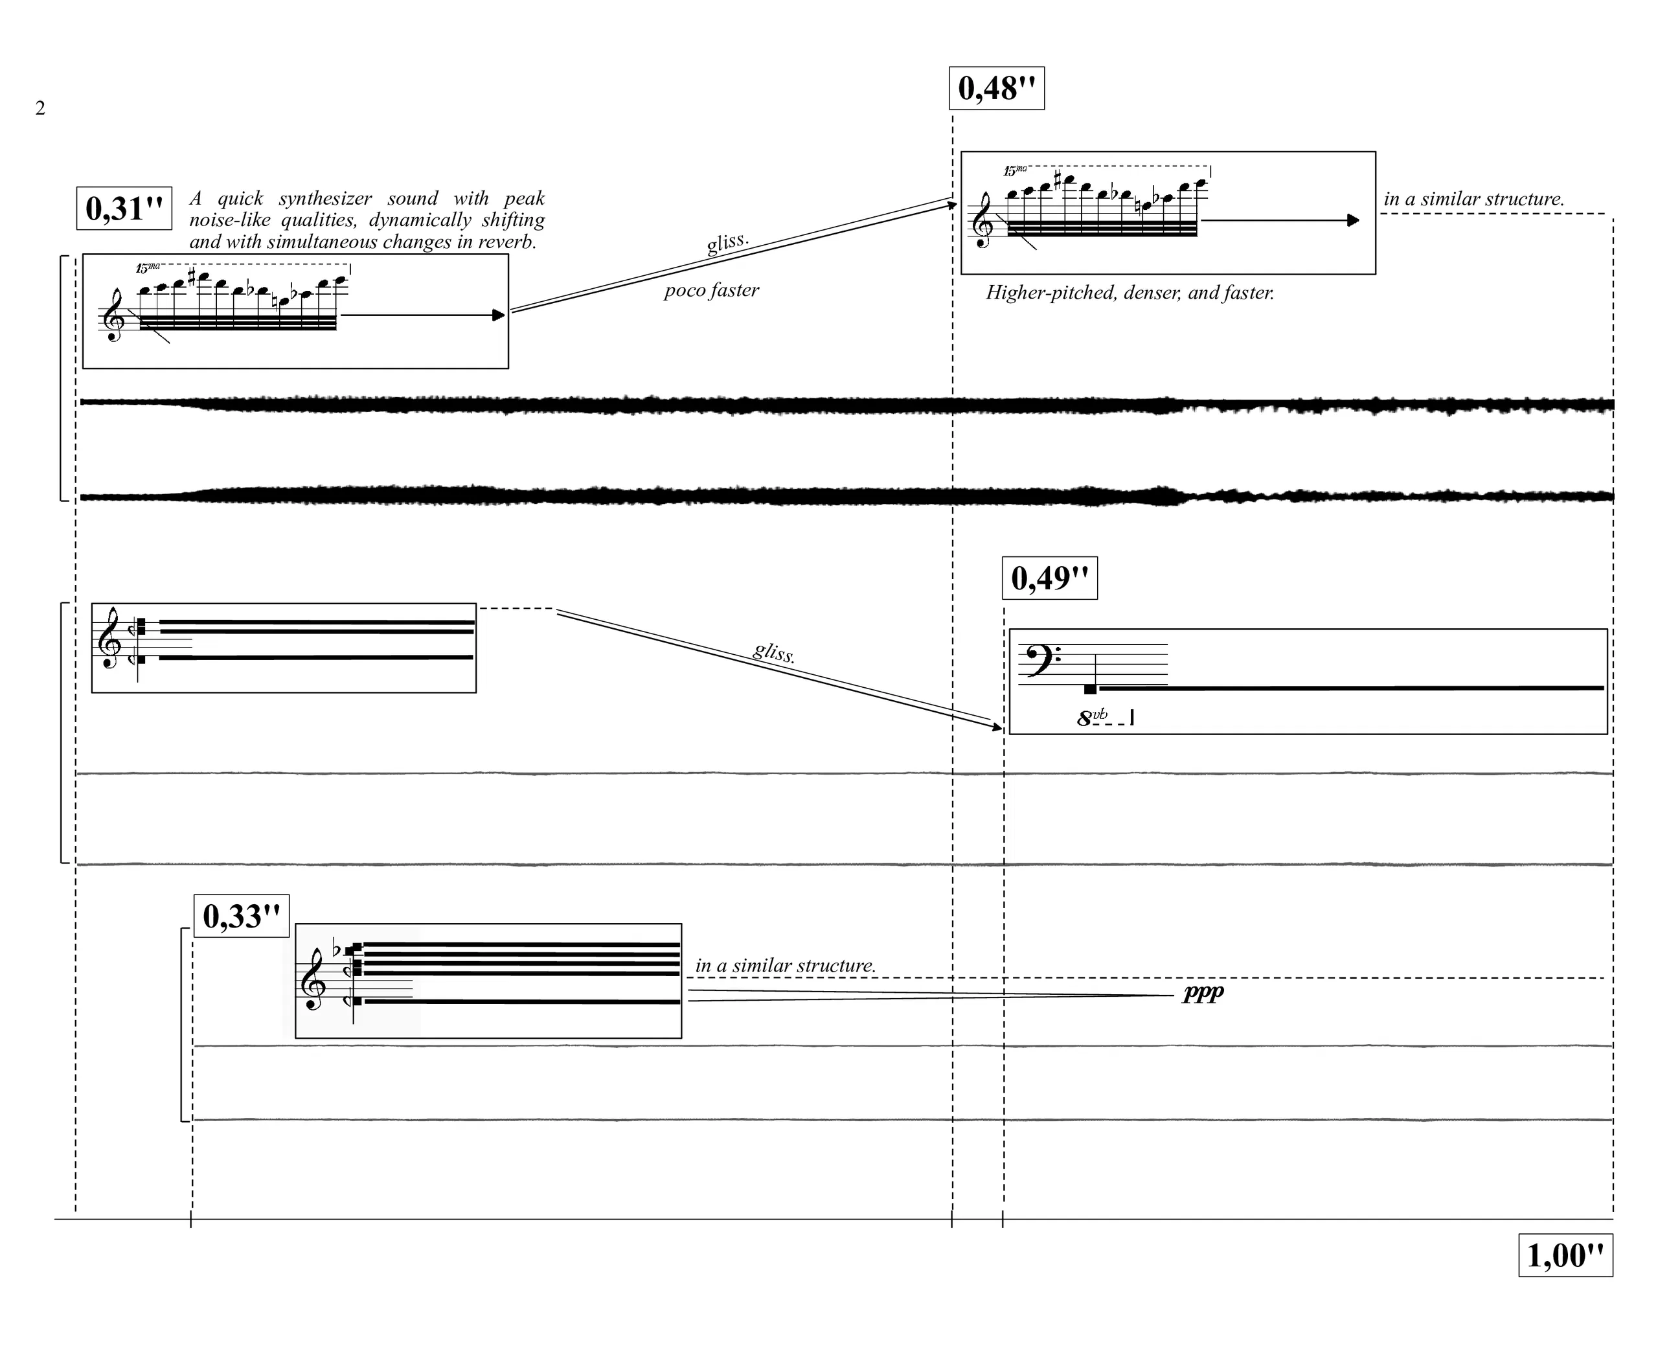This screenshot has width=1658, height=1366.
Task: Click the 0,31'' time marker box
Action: tap(124, 209)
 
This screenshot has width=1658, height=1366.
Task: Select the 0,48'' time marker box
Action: tap(996, 88)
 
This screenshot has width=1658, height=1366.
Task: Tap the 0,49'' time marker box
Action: tap(1050, 578)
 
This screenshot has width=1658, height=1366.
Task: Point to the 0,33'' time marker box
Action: tap(242, 916)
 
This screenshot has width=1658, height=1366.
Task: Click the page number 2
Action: tap(40, 108)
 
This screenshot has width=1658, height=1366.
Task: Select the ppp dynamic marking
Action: tap(1203, 994)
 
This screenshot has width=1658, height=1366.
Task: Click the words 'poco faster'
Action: tap(711, 290)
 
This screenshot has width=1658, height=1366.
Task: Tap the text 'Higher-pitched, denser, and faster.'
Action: tap(1130, 293)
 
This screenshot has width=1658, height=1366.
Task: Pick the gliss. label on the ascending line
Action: tap(728, 242)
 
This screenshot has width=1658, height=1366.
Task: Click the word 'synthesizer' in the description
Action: tap(325, 198)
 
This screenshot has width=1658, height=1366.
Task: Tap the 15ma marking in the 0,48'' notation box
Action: tap(1015, 170)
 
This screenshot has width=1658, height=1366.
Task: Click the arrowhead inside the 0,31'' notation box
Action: tap(498, 315)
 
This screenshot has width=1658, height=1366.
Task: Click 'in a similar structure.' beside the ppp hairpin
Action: tap(786, 966)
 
